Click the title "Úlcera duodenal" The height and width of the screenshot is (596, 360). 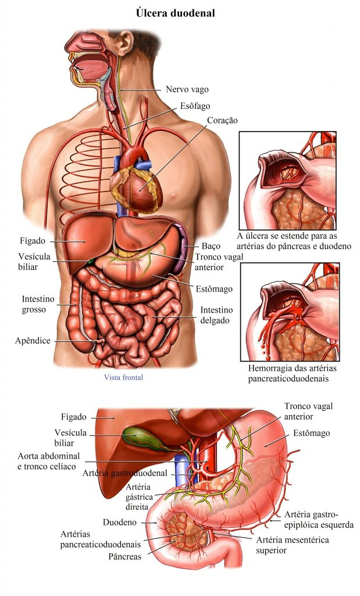coord(175,12)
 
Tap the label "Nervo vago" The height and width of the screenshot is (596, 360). coord(187,90)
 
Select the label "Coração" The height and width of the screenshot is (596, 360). coord(222,120)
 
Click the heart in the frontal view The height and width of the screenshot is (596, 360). coord(138,186)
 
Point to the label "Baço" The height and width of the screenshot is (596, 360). coord(210,246)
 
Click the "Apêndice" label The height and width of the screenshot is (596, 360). coord(33,340)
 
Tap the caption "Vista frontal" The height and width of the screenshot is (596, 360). coord(123,377)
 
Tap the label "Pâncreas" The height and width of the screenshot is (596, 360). coord(124,556)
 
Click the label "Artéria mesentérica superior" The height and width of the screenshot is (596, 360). coord(293,545)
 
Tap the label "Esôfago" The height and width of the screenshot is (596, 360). coord(195,106)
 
